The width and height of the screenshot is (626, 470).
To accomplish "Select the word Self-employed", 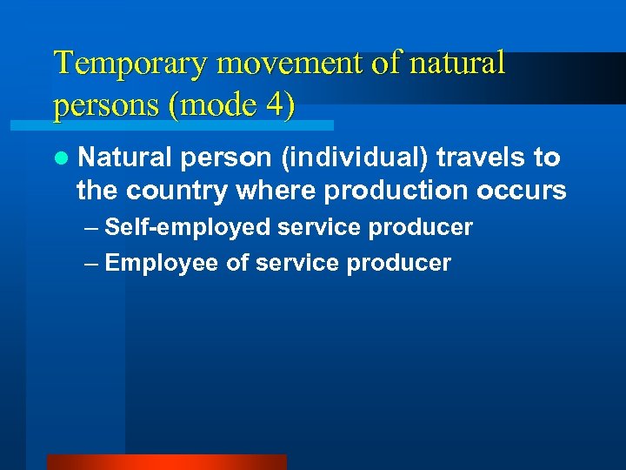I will (188, 228).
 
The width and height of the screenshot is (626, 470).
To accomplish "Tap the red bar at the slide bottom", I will (166, 462).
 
